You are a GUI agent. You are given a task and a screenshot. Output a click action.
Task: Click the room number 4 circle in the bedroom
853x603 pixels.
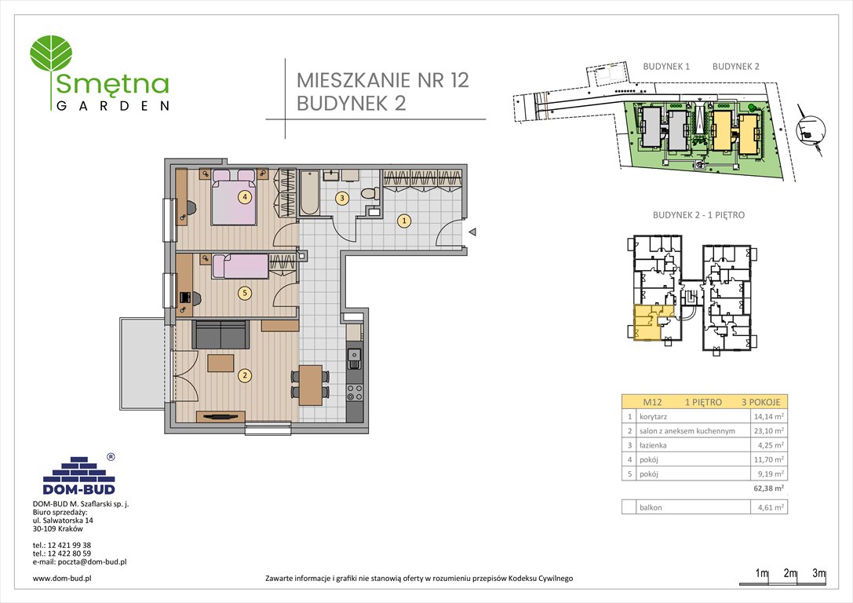pyautogui.click(x=246, y=197)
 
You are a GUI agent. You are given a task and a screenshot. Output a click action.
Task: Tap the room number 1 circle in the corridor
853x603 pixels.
pyautogui.click(x=403, y=221)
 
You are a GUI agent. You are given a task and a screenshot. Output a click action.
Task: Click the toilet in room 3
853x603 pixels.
pyautogui.click(x=368, y=196)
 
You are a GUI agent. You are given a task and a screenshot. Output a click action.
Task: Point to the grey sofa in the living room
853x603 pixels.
pyautogui.click(x=221, y=335)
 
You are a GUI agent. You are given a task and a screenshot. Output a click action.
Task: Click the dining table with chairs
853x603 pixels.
pyautogui.click(x=311, y=384)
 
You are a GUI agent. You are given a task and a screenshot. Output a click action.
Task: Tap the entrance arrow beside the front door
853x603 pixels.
pyautogui.click(x=472, y=232)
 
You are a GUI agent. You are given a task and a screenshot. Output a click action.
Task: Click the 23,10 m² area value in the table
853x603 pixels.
pyautogui.click(x=768, y=431)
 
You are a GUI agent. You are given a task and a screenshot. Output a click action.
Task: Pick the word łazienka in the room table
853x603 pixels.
pyautogui.click(x=654, y=445)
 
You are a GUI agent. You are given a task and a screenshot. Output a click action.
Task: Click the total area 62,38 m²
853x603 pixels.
pyautogui.click(x=767, y=488)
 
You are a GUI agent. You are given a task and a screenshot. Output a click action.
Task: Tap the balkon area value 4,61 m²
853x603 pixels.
pyautogui.click(x=769, y=507)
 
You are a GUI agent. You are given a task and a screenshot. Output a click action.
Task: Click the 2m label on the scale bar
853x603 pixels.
pyautogui.click(x=790, y=573)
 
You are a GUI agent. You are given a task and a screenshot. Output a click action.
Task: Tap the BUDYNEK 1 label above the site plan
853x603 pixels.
pyautogui.click(x=665, y=67)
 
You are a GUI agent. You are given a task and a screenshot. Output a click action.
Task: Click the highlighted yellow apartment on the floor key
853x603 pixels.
pyautogui.click(x=647, y=323)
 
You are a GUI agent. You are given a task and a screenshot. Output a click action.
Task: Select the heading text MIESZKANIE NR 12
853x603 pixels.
pyautogui.click(x=382, y=80)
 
